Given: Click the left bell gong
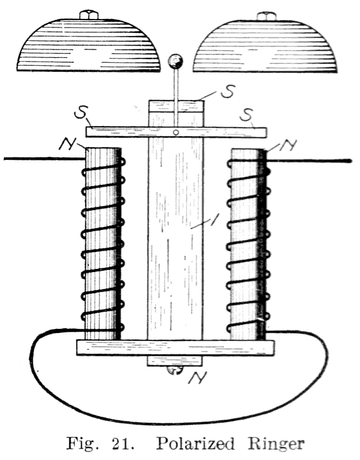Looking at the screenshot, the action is pos(88,44).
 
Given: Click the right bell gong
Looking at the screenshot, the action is pos(265,44).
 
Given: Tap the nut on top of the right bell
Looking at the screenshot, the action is pos(265,15).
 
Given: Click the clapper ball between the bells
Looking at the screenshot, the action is pos(175,62).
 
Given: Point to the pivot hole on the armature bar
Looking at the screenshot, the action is pos(176,132).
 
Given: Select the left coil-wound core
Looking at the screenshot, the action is pos(103,243).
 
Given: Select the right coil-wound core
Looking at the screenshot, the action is pos(248,244).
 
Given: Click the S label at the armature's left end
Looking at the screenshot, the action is pos(82,112).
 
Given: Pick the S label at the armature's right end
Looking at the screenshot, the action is pos(246,115).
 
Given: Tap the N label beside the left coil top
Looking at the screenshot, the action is pos(67,144).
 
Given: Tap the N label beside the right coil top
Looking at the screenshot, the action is pos(288,145).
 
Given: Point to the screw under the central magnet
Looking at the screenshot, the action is pos(175,370).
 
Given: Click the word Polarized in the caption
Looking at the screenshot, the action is pos(195,444).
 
